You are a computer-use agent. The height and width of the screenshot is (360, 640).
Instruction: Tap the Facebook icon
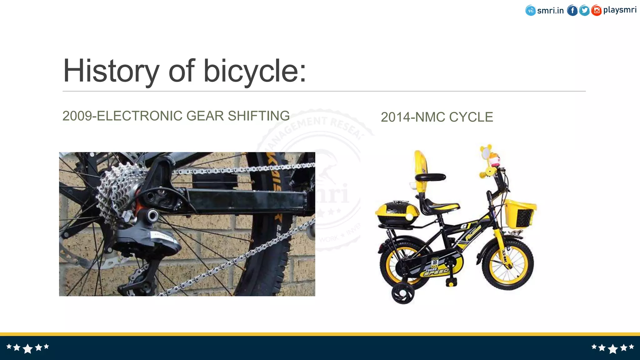572,11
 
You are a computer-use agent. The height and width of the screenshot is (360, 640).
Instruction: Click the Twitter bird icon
584,11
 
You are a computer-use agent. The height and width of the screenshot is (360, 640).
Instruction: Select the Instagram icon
596,11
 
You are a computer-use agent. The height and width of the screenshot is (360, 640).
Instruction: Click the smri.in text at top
550,11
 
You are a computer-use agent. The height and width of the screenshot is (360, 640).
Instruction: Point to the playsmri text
620,10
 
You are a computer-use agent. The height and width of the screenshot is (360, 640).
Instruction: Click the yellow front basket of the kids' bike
520,214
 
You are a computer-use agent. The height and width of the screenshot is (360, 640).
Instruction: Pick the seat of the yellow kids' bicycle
441,207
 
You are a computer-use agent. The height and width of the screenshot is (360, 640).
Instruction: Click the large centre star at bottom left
27,348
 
